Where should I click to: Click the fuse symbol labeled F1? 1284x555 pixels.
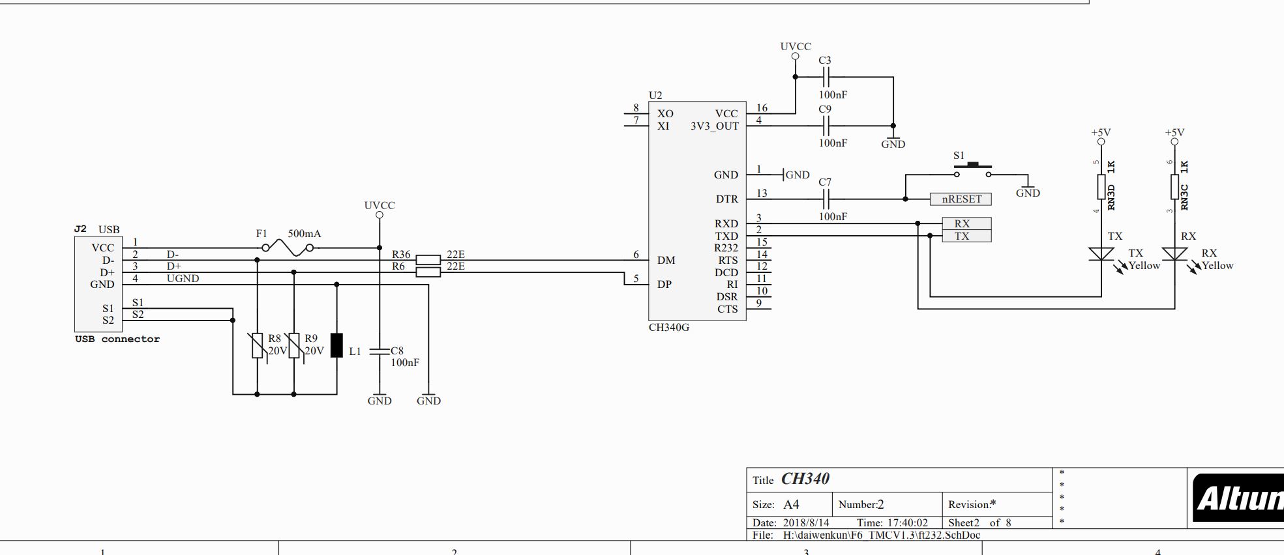click(x=287, y=248)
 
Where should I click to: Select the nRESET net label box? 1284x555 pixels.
click(x=961, y=199)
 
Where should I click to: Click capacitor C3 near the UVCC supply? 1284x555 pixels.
click(x=825, y=77)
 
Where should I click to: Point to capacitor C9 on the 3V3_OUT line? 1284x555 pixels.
click(x=825, y=126)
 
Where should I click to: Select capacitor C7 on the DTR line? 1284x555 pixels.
click(x=825, y=199)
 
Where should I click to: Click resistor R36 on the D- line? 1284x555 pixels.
click(x=428, y=260)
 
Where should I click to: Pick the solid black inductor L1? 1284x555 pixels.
click(x=336, y=345)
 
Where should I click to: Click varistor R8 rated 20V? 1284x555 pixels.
click(x=258, y=345)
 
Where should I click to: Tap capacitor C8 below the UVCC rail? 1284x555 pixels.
click(x=380, y=351)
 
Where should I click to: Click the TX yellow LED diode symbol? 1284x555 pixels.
click(x=1101, y=254)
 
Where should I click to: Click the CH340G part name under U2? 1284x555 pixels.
click(x=668, y=328)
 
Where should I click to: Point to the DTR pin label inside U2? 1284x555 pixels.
click(x=726, y=199)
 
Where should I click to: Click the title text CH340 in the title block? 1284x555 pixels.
click(x=805, y=479)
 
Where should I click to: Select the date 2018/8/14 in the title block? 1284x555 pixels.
click(x=806, y=522)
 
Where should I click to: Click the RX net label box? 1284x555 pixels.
click(x=966, y=223)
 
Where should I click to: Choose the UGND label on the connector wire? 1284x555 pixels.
click(x=183, y=278)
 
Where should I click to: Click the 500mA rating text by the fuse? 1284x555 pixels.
click(x=305, y=233)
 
